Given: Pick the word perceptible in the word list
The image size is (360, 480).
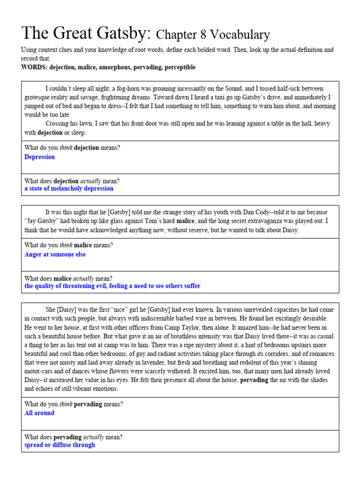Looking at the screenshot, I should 178,67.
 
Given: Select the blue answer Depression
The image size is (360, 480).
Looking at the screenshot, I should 39,157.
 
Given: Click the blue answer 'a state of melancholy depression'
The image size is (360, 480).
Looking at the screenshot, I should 69,188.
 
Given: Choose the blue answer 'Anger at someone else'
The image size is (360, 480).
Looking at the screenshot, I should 55,255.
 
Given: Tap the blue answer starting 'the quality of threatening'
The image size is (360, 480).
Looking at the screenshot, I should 112,286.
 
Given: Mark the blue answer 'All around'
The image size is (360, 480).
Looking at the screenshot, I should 39,413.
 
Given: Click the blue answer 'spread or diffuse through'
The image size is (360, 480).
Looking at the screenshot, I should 60,445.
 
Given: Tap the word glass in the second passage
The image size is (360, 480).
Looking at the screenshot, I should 105,221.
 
